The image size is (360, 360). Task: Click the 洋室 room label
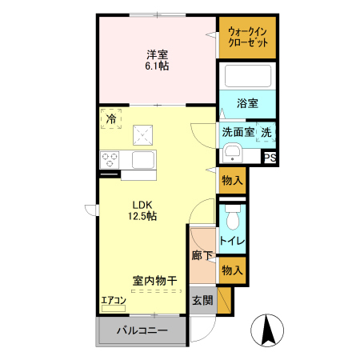click(157, 54)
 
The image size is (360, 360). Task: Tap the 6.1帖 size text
click(157, 66)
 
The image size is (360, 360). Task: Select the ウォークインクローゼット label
click(248, 37)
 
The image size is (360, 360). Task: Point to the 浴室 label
click(248, 103)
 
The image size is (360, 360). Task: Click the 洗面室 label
click(238, 132)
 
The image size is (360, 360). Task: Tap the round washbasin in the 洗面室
click(233, 153)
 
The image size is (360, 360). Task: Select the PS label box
click(270, 158)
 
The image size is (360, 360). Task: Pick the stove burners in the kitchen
click(109, 159)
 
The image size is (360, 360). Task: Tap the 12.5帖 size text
click(143, 216)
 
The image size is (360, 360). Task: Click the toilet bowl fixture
click(233, 217)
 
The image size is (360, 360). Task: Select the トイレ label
click(233, 240)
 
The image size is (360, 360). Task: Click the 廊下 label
click(202, 256)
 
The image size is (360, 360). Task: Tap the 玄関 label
click(202, 301)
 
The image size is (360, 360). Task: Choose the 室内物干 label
click(154, 281)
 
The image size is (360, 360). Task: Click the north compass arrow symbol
click(268, 330)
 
